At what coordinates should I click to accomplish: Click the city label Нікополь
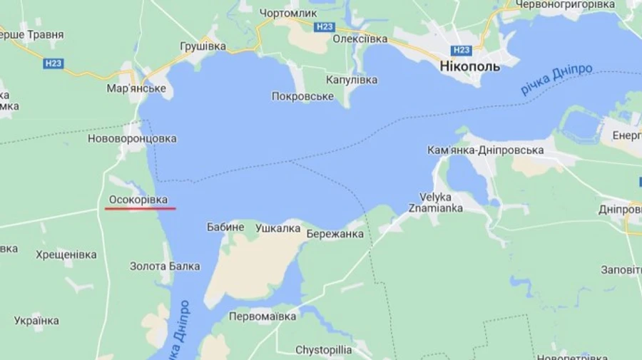pyautogui.click(x=464, y=66)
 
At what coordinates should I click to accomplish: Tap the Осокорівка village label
pyautogui.click(x=138, y=200)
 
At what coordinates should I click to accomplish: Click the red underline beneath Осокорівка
pyautogui.click(x=140, y=209)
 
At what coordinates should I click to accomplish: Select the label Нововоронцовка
pyautogui.click(x=132, y=138)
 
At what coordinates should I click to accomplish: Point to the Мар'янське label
pyautogui.click(x=136, y=88)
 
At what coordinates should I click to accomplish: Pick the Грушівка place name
pyautogui.click(x=203, y=46)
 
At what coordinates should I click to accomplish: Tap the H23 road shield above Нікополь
pyautogui.click(x=462, y=50)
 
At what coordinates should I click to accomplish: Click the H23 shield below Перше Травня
pyautogui.click(x=53, y=63)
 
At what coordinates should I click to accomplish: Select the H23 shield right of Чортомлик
pyautogui.click(x=324, y=26)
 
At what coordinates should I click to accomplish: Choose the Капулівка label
pyautogui.click(x=352, y=80)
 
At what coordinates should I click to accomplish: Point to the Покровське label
pyautogui.click(x=302, y=96)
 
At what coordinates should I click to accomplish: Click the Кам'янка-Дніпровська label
pyautogui.click(x=485, y=150)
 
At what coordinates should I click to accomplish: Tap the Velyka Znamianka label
pyautogui.click(x=440, y=202)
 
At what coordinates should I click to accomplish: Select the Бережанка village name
pyautogui.click(x=335, y=234)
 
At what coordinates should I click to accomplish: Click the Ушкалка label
pyautogui.click(x=277, y=228)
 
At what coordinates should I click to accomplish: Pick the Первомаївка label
pyautogui.click(x=263, y=317)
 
